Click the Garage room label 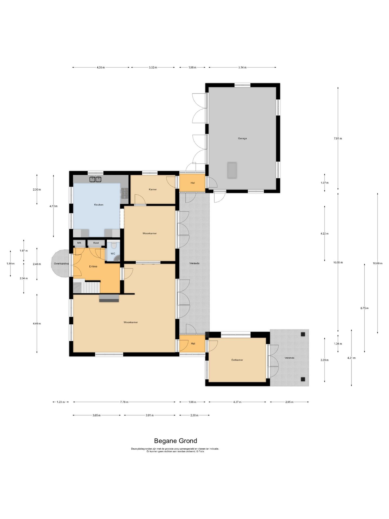pyautogui.click(x=242, y=138)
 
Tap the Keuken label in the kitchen pyautogui.click(x=99, y=205)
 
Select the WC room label pyautogui.click(x=113, y=254)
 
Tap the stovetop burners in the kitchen pyautogui.click(x=125, y=194)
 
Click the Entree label pyautogui.click(x=93, y=267)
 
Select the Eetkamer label pyautogui.click(x=237, y=360)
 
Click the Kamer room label pyautogui.click(x=153, y=189)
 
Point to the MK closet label pyautogui.click(x=79, y=243)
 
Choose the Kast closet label pyautogui.click(x=96, y=243)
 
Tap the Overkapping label pyautogui.click(x=61, y=264)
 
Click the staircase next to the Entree pyautogui.click(x=87, y=287)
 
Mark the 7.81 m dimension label pyautogui.click(x=338, y=139)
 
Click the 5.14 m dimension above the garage pyautogui.click(x=242, y=68)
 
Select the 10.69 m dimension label pyautogui.click(x=377, y=264)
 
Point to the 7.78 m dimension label pyautogui.click(x=124, y=402)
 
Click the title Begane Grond pyautogui.click(x=176, y=441)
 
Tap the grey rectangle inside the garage pyautogui.click(x=232, y=170)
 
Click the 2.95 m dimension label pyautogui.click(x=289, y=402)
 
